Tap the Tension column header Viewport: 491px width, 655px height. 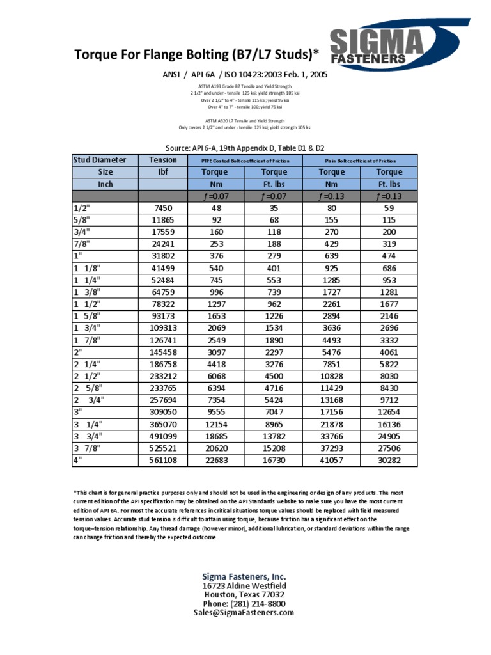click(x=163, y=160)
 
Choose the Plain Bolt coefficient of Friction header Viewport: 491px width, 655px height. click(x=361, y=161)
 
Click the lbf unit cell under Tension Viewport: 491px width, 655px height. click(x=163, y=172)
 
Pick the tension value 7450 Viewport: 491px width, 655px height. click(x=163, y=209)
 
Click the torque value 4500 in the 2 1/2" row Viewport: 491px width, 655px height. click(x=274, y=376)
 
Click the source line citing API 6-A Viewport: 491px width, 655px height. click(x=245, y=146)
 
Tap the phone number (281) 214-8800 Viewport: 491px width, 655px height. click(x=244, y=604)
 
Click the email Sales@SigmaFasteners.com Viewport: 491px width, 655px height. click(x=244, y=613)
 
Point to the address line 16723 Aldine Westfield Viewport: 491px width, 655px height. click(x=244, y=586)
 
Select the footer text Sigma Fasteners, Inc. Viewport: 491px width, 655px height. click(x=244, y=576)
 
